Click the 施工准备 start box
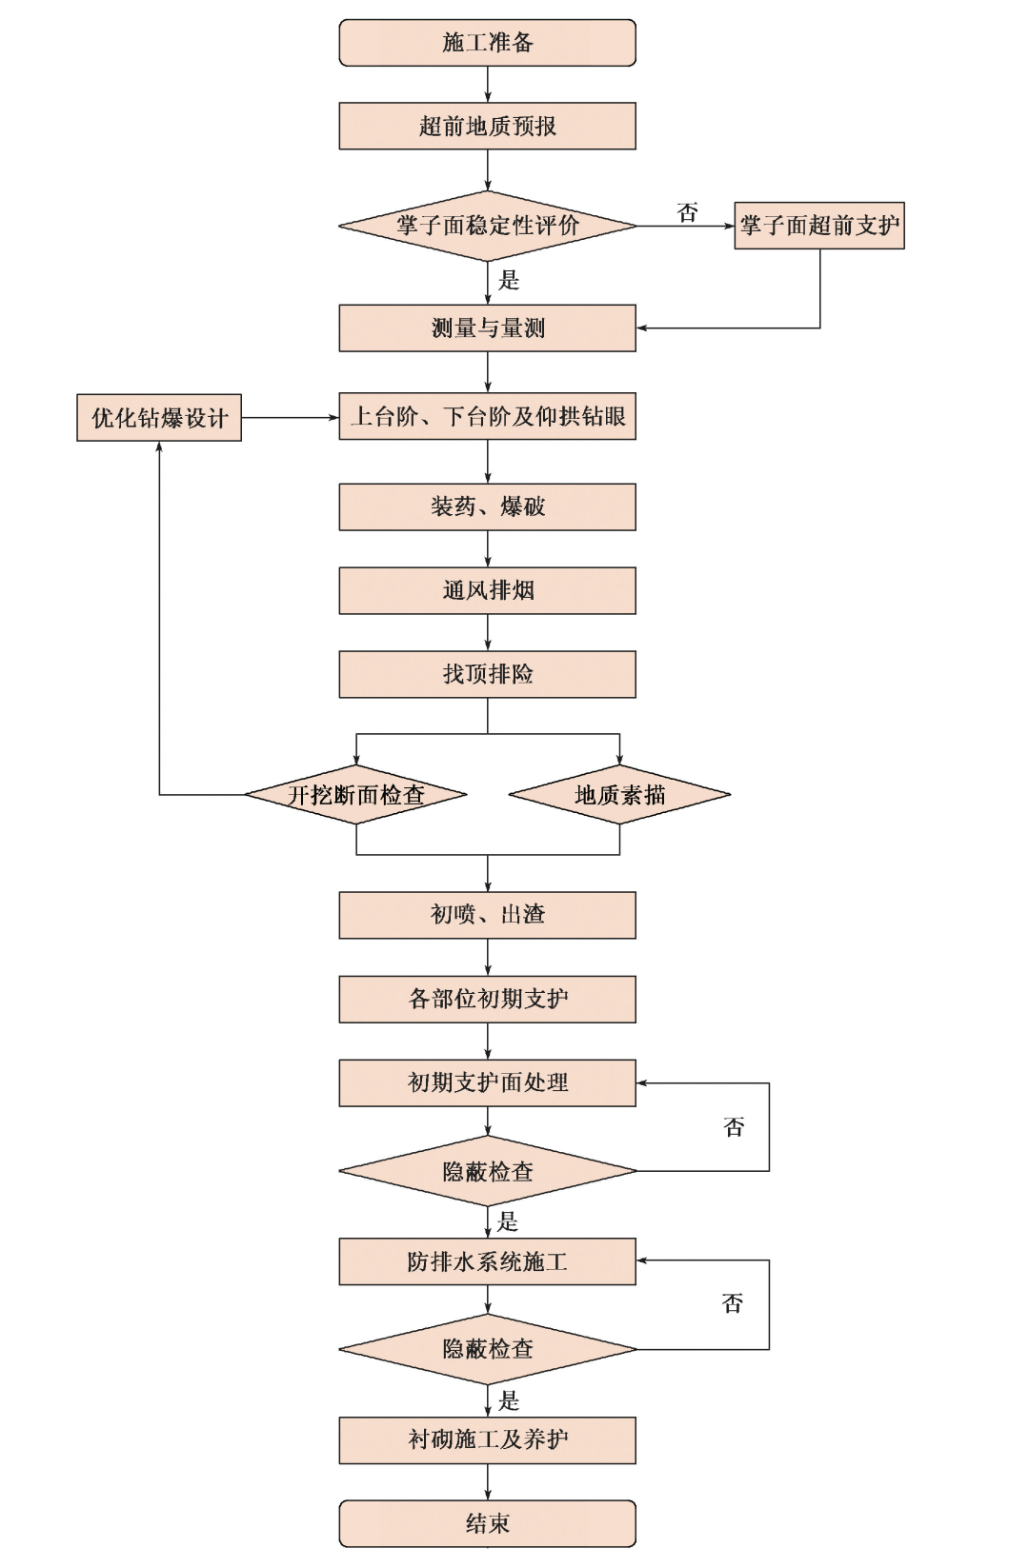pos(487,43)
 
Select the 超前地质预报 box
pos(487,127)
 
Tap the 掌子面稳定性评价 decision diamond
pos(487,226)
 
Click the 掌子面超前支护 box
pos(818,226)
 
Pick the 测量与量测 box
pos(487,328)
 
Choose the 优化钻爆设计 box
pos(159,418)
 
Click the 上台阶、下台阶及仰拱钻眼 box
pos(487,417)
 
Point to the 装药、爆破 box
pos(487,506)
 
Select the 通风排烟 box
pos(487,590)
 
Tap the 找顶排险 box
pos(487,674)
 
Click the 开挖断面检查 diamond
pos(356,795)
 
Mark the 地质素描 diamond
pos(619,795)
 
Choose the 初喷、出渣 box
pos(487,915)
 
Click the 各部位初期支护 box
pos(487,999)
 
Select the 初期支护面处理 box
pos(487,1082)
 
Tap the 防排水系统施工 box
pos(487,1261)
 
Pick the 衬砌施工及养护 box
pos(487,1439)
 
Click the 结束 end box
pos(487,1523)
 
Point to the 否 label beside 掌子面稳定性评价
pos(687,212)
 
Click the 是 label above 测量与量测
pos(509,280)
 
